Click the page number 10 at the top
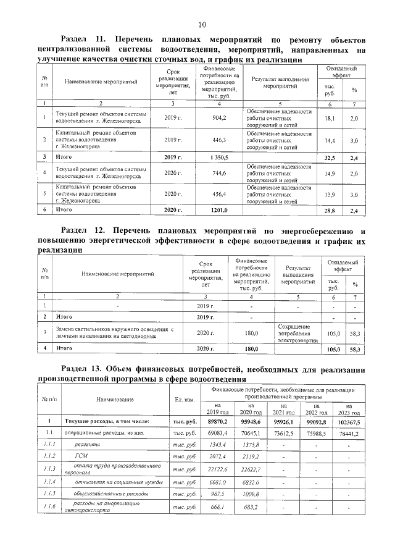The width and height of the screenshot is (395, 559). click(201, 25)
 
